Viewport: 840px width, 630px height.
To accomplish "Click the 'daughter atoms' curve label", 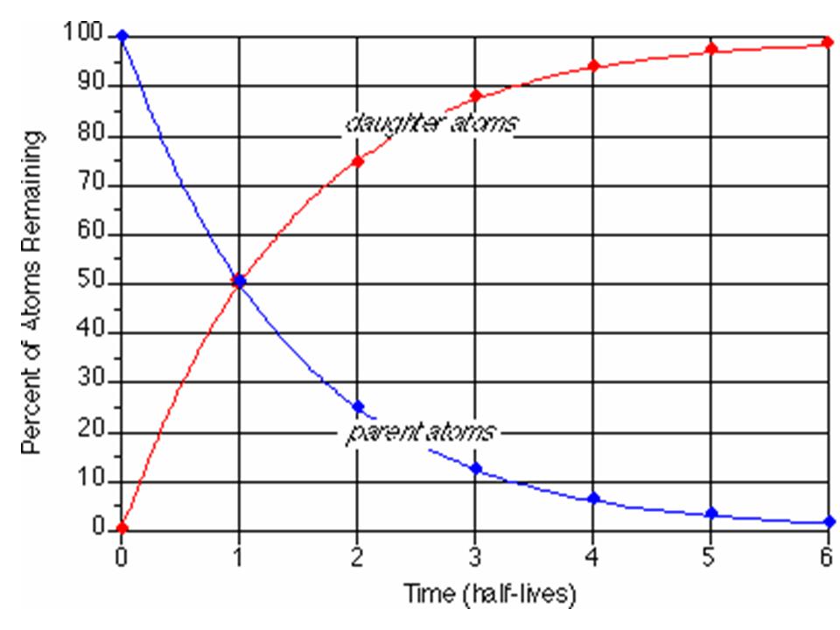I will [x=431, y=124].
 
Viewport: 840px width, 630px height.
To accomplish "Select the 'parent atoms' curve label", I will [x=420, y=432].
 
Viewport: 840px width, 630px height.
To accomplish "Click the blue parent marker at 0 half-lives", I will [x=122, y=36].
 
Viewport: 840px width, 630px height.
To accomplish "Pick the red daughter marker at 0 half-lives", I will [x=122, y=528].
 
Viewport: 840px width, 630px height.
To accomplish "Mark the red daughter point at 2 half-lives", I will [x=357, y=161].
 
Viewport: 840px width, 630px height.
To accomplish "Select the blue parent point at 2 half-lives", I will [x=357, y=407].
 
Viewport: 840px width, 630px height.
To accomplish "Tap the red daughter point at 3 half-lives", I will [x=475, y=95].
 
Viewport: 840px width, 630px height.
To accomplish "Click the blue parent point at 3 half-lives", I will [x=475, y=469].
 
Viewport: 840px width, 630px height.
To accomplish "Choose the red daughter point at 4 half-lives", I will [x=593, y=66].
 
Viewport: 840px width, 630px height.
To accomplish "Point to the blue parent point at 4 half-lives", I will [x=593, y=499].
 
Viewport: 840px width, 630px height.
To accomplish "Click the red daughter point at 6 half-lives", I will [x=828, y=43].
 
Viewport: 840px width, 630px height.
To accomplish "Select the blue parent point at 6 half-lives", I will [x=829, y=522].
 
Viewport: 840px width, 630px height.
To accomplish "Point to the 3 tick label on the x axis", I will [x=475, y=556].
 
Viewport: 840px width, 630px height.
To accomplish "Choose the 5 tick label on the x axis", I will [x=710, y=556].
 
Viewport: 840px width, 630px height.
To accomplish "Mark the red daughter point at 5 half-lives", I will [x=710, y=48].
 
